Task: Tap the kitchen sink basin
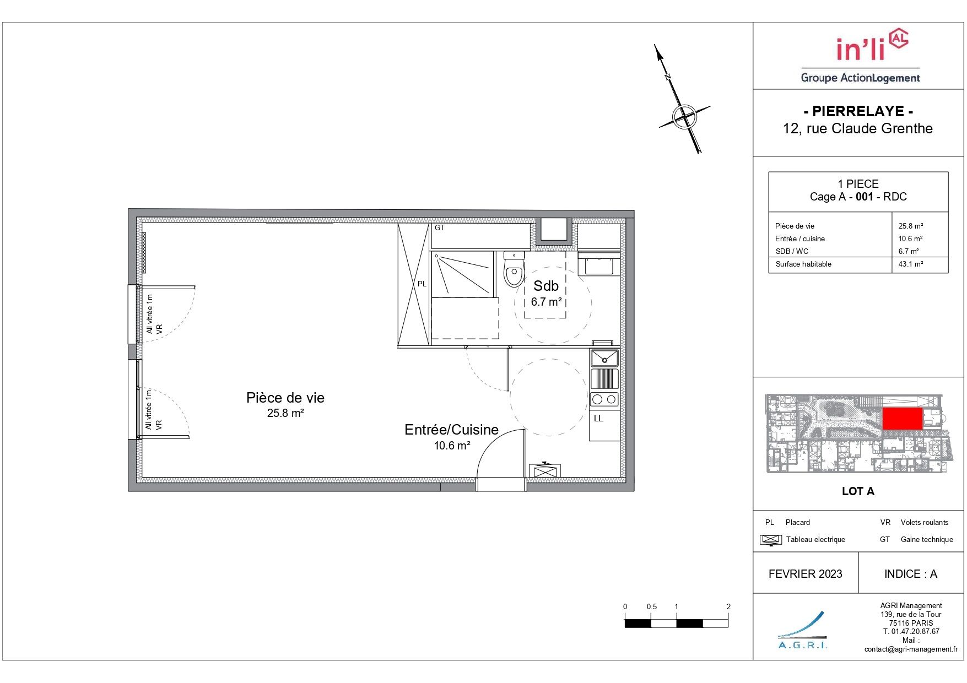(x=604, y=358)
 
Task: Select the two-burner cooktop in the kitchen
(x=604, y=399)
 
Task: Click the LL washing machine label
(x=598, y=419)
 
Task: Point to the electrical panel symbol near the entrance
(x=545, y=471)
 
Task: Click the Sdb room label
(x=546, y=286)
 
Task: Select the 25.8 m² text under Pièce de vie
(x=285, y=413)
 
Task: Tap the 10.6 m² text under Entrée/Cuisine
(x=452, y=446)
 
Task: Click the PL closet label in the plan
(x=422, y=284)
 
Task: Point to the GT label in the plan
(x=440, y=227)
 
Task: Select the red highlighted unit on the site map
(x=903, y=419)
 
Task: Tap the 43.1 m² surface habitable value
(x=911, y=264)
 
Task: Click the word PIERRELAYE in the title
(x=858, y=111)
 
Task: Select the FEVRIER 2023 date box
(x=806, y=573)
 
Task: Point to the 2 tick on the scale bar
(x=728, y=606)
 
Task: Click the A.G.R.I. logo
(x=803, y=630)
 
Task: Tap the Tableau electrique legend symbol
(x=771, y=540)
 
